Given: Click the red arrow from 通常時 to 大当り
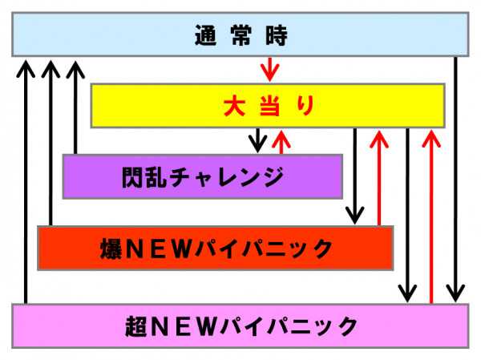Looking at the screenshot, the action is point(269,70).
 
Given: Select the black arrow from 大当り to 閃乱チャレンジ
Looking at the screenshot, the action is point(257,140).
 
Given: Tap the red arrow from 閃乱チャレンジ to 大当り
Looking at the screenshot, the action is point(281,142).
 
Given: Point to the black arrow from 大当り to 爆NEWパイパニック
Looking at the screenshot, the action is point(355,176).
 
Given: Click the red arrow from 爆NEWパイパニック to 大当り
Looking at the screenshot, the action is point(379,178).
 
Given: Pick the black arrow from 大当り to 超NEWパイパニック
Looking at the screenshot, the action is point(407,216).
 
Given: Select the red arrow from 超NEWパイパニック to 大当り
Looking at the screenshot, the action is point(431,216).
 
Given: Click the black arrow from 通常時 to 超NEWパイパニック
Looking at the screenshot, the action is point(455,180).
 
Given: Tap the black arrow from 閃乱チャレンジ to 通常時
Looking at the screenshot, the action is point(75,107).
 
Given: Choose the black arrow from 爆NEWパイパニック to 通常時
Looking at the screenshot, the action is point(51,143).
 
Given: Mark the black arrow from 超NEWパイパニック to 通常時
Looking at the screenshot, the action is point(26,182).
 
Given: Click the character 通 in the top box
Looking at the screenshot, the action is point(205,35).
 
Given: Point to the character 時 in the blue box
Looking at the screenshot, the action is point(277,35).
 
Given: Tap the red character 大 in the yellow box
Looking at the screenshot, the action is point(234,106).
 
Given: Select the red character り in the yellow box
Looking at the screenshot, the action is point(305,106).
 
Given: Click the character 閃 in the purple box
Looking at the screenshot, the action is point(133,177).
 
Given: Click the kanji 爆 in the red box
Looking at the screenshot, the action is point(111,249).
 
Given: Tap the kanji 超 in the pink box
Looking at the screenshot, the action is point(136,326).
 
